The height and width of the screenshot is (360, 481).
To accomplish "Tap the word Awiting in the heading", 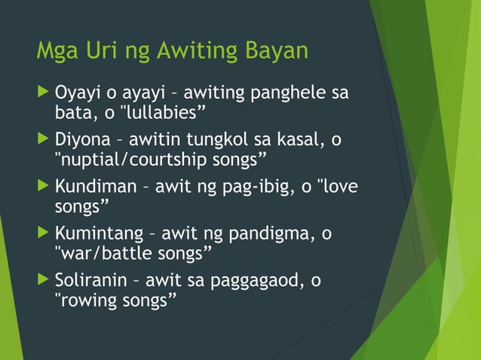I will [x=199, y=52].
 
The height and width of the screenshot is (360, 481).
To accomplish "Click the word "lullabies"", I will [x=164, y=113].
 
